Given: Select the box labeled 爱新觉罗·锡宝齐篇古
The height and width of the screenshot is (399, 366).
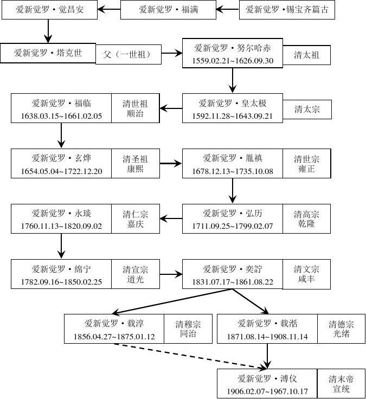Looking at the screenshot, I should pyautogui.click(x=287, y=10).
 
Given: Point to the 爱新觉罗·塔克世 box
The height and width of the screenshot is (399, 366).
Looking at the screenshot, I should pyautogui.click(x=48, y=53).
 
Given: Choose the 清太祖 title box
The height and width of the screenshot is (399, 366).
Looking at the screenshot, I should pyautogui.click(x=306, y=54).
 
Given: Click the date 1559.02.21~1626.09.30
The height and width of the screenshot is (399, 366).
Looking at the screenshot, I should pyautogui.click(x=233, y=60).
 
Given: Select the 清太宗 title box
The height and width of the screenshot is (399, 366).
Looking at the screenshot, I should pyautogui.click(x=307, y=109).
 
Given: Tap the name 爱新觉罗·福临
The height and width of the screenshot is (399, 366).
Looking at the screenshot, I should pyautogui.click(x=61, y=102).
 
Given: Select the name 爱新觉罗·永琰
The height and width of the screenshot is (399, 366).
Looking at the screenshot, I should pyautogui.click(x=61, y=213).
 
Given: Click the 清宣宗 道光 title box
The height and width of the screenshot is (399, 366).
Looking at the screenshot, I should pyautogui.click(x=135, y=274).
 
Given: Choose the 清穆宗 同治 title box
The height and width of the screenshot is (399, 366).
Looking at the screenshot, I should pyautogui.click(x=188, y=329).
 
